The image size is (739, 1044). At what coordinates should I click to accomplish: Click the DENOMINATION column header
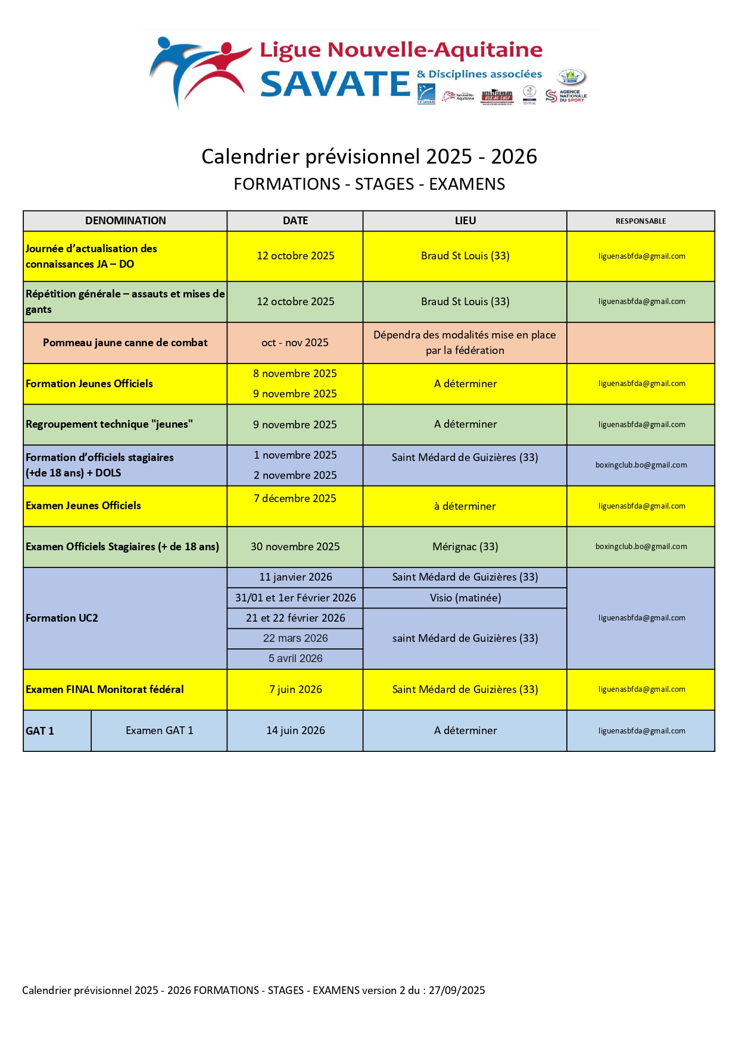[125, 221]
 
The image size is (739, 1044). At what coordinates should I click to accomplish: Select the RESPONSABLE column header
[641, 221]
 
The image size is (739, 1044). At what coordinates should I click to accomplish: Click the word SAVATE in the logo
[335, 84]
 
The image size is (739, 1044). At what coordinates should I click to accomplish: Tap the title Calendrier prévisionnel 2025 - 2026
[369, 156]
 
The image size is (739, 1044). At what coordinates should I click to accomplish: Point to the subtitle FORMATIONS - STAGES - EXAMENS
[369, 184]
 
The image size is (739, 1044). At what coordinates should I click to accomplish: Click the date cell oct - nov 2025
[295, 343]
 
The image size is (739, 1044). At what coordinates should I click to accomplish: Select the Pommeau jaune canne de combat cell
[125, 343]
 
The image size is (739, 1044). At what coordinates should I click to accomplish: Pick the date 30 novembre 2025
[295, 547]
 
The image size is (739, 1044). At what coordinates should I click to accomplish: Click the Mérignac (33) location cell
[465, 547]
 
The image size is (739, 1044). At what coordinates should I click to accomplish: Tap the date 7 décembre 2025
[295, 499]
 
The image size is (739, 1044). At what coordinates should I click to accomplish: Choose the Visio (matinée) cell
[465, 598]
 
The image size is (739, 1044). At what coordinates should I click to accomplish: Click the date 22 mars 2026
[295, 638]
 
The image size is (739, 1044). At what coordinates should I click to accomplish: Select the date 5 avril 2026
[295, 659]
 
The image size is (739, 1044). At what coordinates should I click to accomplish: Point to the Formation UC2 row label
[62, 618]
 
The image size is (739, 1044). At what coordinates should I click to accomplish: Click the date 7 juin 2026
[295, 689]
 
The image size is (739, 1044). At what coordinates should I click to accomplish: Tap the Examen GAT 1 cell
[159, 731]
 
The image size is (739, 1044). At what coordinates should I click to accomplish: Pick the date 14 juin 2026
[295, 731]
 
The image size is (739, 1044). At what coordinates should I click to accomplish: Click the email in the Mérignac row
[641, 547]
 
